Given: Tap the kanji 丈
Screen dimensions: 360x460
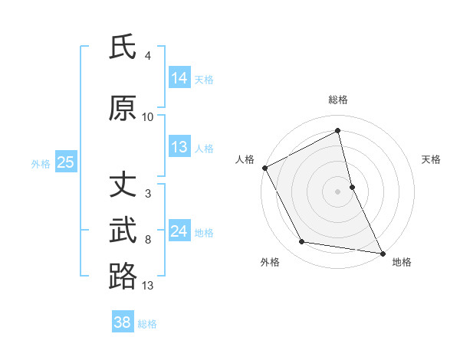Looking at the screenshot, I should point(123,185).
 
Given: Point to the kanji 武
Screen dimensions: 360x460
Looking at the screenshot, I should point(123,231).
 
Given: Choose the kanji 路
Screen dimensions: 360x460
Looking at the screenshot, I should point(123,276).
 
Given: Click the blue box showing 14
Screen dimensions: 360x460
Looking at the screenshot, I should point(179,78).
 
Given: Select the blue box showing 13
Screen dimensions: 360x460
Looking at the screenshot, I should point(179,147).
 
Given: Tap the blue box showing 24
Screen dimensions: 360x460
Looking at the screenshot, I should point(179,231).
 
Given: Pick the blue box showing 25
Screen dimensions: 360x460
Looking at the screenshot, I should point(65,162).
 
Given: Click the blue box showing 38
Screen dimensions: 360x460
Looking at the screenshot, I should point(123,322).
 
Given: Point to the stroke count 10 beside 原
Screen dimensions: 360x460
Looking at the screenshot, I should point(148,117).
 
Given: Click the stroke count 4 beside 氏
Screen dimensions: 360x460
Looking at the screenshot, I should point(148,56).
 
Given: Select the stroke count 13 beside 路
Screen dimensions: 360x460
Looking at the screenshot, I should point(148,286).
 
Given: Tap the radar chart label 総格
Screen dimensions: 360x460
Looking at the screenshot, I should point(338,100).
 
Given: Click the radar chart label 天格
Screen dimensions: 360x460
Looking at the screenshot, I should point(431,159).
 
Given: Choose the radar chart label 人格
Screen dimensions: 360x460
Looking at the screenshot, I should point(245,159).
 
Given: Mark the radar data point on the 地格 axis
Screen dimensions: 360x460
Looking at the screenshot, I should point(382,253).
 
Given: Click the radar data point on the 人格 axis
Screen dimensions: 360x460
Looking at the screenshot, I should point(264,168).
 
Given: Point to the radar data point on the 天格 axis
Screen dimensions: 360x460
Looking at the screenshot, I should point(352,186).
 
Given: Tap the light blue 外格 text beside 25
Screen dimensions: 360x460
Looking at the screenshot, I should point(41,163).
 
